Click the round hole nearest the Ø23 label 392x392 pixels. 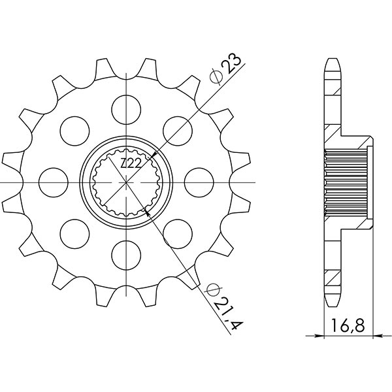[x=176, y=127]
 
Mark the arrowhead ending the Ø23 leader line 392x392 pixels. [x=152, y=154]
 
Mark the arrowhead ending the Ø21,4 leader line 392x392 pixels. [x=150, y=210]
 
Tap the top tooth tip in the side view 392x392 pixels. [x=333, y=62]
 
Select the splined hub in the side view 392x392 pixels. [x=347, y=180]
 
